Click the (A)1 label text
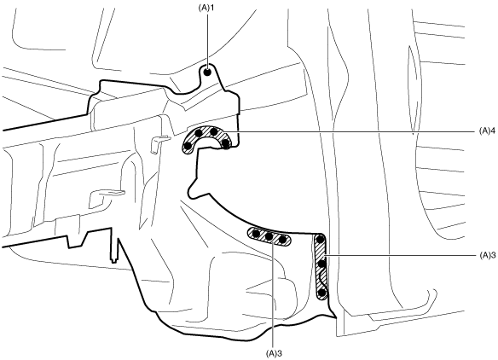coord(206,8)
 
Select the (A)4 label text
coord(487,131)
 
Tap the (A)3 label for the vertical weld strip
coord(487,255)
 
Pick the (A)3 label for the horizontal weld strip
coord(274,353)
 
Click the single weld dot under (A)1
coord(207,73)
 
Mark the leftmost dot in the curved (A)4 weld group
coord(188,146)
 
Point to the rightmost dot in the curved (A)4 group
coord(225,143)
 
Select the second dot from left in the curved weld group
coord(199,133)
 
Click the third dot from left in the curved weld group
coord(214,131)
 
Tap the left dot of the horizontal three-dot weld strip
coord(257,235)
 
